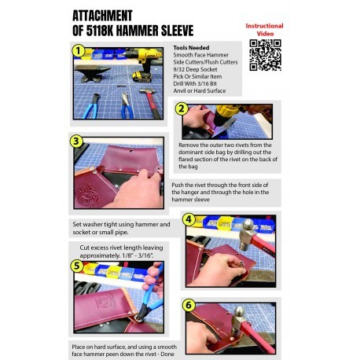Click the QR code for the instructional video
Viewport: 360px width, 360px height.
[265, 55]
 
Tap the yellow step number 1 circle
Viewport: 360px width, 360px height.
[79, 50]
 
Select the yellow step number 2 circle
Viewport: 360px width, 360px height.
[182, 108]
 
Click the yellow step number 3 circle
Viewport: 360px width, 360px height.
[76, 141]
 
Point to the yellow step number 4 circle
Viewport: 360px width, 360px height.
[189, 219]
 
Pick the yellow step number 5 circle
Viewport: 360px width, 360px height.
[77, 266]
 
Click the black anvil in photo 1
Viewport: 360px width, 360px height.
[92, 73]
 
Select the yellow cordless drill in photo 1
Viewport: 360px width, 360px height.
[143, 63]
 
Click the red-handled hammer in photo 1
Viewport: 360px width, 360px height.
[151, 103]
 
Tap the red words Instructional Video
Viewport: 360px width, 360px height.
[265, 30]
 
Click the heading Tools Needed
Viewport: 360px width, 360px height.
[191, 48]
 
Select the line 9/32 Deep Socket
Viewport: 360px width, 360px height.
[195, 69]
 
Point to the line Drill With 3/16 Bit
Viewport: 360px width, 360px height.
[195, 83]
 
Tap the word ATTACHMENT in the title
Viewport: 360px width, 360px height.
[102, 16]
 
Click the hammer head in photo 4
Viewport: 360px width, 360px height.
[248, 235]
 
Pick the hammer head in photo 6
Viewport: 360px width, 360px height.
[240, 320]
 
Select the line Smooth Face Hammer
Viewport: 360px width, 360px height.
[201, 55]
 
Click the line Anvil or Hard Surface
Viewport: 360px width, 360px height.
[200, 90]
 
